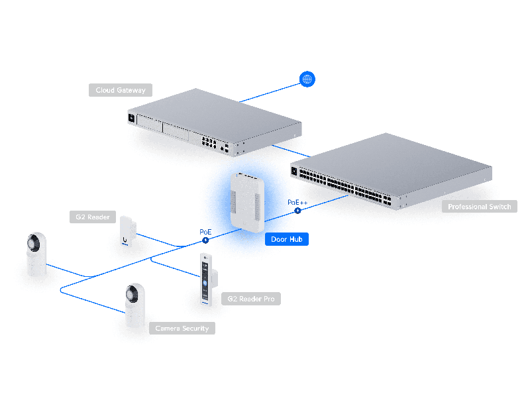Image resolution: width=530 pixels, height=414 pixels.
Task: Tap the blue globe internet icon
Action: (x=307, y=79)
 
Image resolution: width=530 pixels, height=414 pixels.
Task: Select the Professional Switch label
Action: (x=480, y=207)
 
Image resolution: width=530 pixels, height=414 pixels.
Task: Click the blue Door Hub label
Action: (x=287, y=239)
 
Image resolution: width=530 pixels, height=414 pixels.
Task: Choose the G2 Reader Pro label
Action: (x=250, y=299)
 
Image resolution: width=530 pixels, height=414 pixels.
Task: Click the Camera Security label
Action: (x=182, y=328)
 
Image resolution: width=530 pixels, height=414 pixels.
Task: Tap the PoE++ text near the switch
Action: (x=297, y=201)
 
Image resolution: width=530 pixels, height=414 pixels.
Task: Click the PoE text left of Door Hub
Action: (x=205, y=232)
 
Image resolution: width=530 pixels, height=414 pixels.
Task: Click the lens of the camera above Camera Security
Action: (x=135, y=294)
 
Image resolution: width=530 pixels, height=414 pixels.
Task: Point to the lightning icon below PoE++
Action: (x=297, y=211)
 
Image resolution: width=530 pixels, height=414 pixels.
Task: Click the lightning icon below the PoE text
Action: (x=205, y=241)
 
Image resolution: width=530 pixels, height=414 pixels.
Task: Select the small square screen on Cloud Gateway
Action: (x=131, y=117)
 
